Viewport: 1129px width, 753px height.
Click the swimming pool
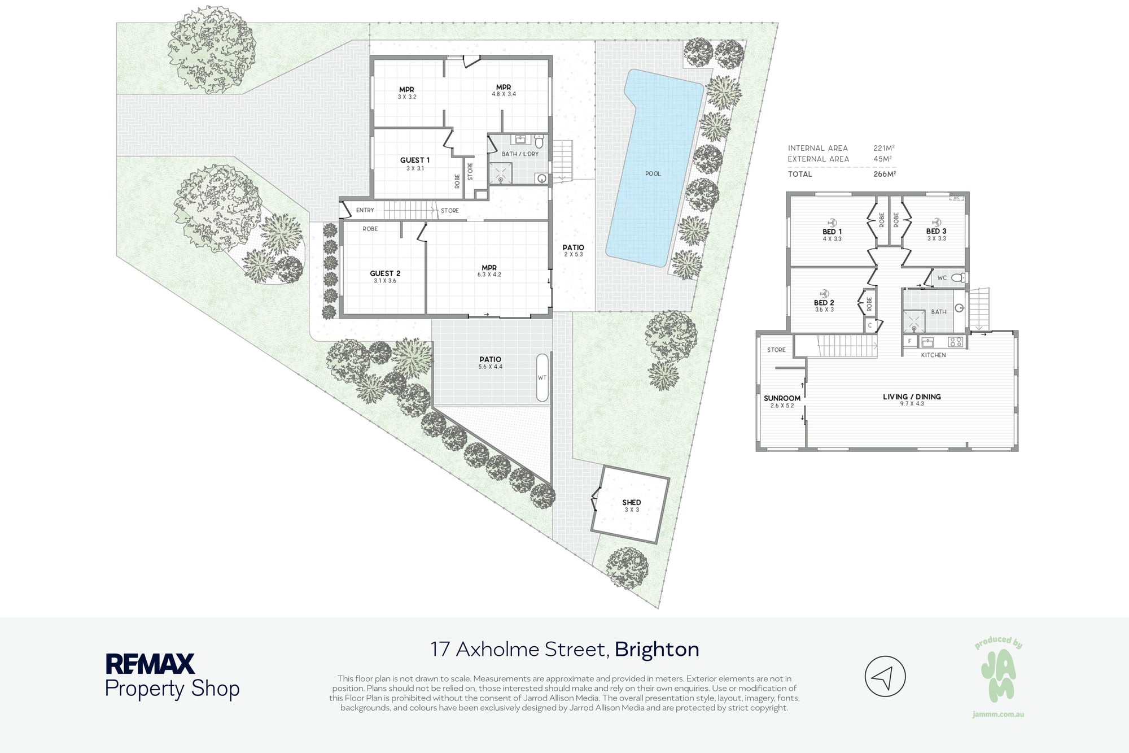click(x=655, y=169)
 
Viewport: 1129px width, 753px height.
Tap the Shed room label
click(x=631, y=502)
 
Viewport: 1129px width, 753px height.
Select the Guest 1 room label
click(x=415, y=160)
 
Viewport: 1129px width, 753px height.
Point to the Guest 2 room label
click(x=385, y=273)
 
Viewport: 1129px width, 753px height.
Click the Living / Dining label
click(x=912, y=397)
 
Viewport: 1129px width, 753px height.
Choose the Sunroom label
click(x=782, y=398)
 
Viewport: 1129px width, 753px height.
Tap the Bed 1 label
click(x=832, y=232)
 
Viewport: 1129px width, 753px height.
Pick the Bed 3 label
click(x=936, y=231)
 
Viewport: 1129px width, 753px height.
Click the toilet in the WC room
click(x=958, y=277)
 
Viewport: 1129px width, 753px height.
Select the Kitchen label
click(x=933, y=355)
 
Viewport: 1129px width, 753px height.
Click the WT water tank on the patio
click(x=542, y=378)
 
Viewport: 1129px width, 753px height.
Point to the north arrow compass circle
click(x=885, y=676)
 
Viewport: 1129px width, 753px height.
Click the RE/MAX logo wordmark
click(x=150, y=664)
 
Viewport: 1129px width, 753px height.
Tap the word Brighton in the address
click(x=657, y=650)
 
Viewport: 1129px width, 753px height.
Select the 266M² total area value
click(x=885, y=174)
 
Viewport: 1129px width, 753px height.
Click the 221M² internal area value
click(x=884, y=148)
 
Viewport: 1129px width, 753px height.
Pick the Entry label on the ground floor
click(x=365, y=210)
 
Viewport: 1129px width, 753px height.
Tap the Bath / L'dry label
click(x=520, y=154)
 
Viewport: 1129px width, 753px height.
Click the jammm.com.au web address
click(x=998, y=715)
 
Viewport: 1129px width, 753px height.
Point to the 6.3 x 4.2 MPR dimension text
click(x=489, y=275)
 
